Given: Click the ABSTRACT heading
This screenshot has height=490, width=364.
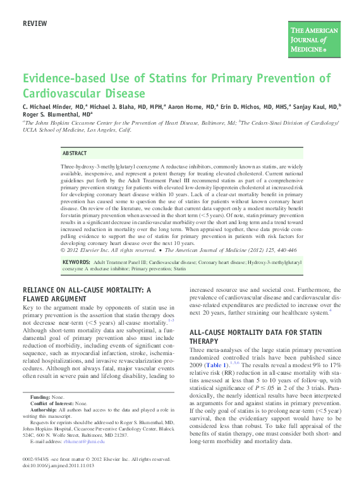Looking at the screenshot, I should [x=75, y=154].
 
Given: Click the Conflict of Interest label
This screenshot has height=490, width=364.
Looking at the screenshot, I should [x=51, y=403].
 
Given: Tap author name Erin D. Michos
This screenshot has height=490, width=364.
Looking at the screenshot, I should [x=241, y=107].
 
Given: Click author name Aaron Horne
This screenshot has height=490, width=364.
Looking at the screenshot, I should [x=188, y=107].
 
